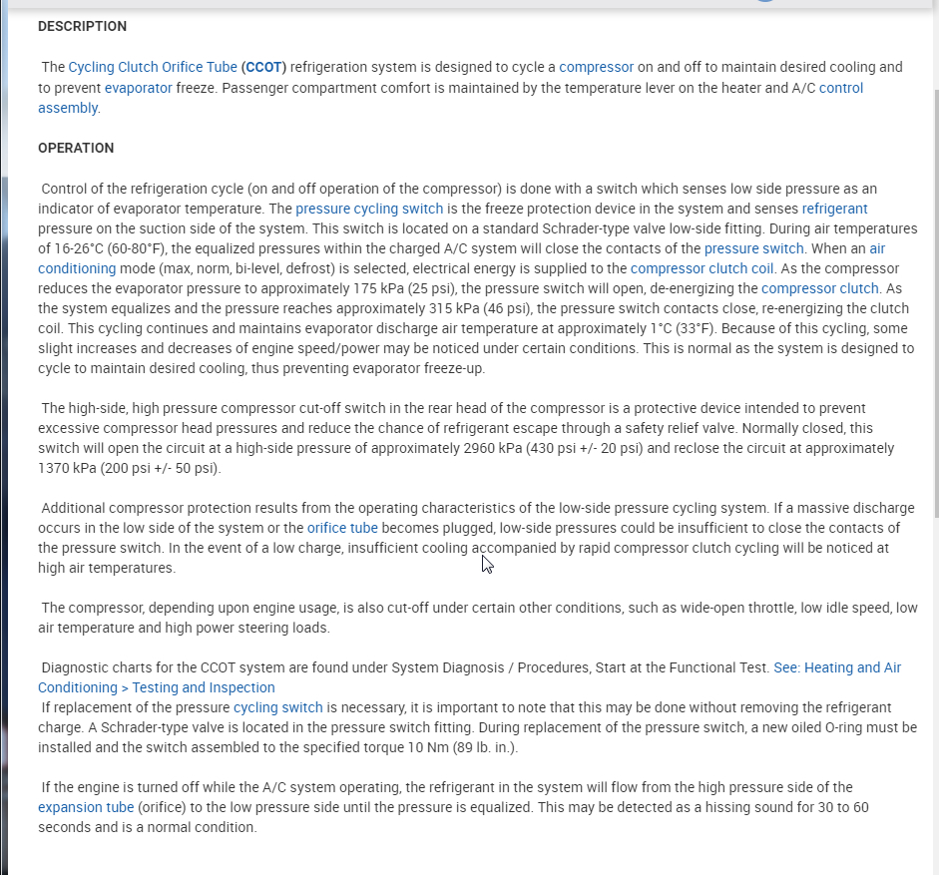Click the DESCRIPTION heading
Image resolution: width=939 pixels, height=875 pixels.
[82, 26]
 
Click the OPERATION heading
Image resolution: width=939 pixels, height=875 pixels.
[76, 148]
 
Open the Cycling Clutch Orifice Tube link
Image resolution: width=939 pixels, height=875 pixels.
[153, 67]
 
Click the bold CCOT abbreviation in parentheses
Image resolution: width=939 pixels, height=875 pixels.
[263, 67]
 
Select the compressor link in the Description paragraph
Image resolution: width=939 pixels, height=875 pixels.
[596, 67]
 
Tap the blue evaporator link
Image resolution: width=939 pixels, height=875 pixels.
[138, 88]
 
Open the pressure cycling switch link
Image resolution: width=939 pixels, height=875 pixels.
[369, 209]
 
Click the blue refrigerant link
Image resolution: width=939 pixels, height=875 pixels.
[834, 209]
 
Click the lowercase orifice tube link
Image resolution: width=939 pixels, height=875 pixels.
[342, 528]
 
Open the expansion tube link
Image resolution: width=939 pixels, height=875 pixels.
[86, 807]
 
